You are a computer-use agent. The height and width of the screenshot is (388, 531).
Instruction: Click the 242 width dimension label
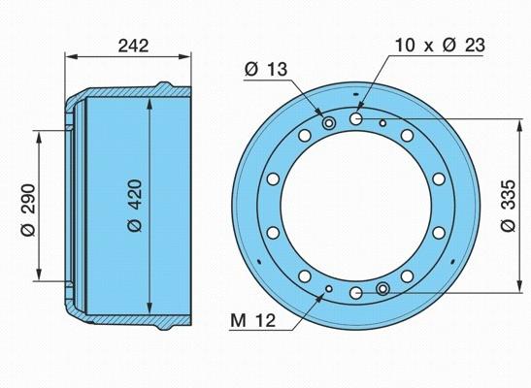pos(133,46)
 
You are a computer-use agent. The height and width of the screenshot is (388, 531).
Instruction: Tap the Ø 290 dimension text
pos(28,210)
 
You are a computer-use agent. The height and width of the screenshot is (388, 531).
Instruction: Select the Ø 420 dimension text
pos(135,206)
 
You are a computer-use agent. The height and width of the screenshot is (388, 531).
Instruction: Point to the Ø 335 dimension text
pos(508,206)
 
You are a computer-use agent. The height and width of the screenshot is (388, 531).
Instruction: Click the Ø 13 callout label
pos(266,69)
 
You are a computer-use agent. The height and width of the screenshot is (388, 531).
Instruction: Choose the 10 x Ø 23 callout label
pos(440,45)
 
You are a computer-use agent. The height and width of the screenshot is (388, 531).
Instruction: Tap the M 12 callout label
pos(253,320)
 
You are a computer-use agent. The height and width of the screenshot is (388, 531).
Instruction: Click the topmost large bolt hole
pos(356,118)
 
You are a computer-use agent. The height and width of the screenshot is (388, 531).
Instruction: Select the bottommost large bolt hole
pos(356,293)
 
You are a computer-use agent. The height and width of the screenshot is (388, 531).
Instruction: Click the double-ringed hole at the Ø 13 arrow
pos(328,122)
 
